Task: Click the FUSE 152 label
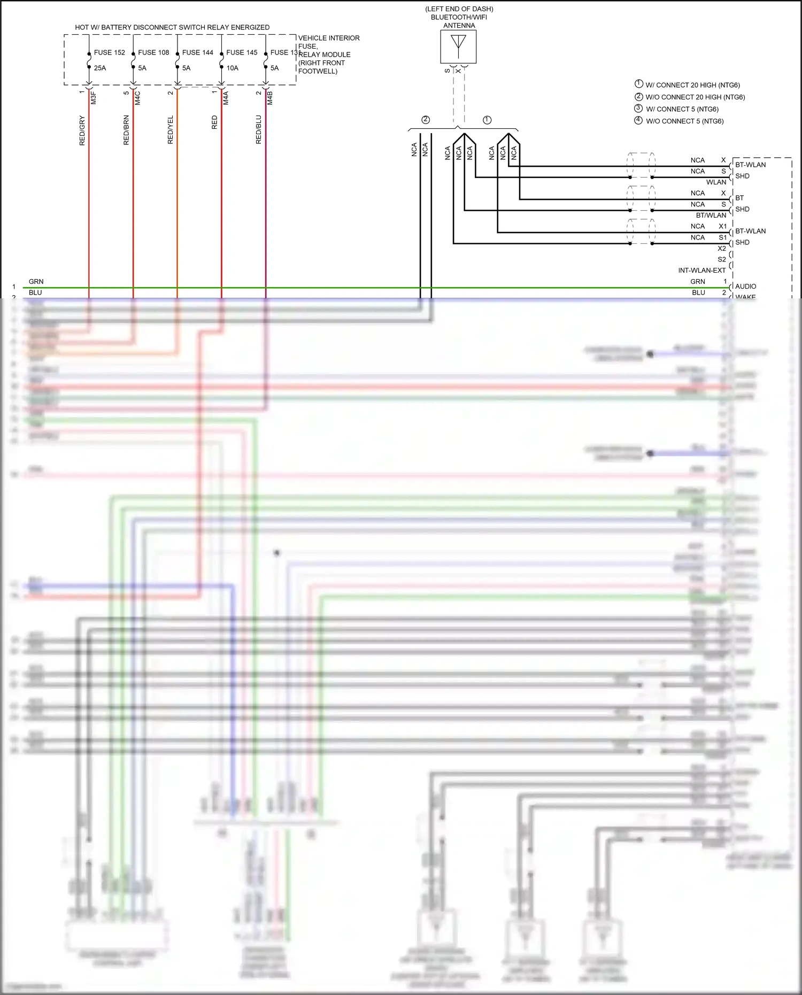pyautogui.click(x=109, y=52)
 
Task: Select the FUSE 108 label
pyautogui.click(x=153, y=52)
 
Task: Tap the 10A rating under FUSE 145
pyautogui.click(x=232, y=68)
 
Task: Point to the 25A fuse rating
pyautogui.click(x=100, y=68)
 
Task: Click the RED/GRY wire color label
pyautogui.click(x=82, y=130)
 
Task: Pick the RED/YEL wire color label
pyautogui.click(x=170, y=130)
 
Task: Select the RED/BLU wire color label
pyautogui.click(x=258, y=130)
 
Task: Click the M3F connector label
pyautogui.click(x=93, y=98)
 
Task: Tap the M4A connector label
pyautogui.click(x=226, y=98)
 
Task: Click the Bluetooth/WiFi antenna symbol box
pyautogui.click(x=458, y=47)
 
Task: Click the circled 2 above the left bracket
pyautogui.click(x=426, y=120)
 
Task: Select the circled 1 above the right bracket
pyautogui.click(x=487, y=120)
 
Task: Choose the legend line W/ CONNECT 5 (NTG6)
pyautogui.click(x=682, y=109)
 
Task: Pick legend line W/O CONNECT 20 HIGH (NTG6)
pyautogui.click(x=695, y=97)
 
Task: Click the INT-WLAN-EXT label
pyautogui.click(x=701, y=270)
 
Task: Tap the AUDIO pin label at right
pyautogui.click(x=745, y=286)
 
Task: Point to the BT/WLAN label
pyautogui.click(x=711, y=215)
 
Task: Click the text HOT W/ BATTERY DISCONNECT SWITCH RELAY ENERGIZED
pyautogui.click(x=172, y=27)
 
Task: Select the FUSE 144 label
pyautogui.click(x=197, y=52)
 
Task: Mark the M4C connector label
pyautogui.click(x=137, y=98)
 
